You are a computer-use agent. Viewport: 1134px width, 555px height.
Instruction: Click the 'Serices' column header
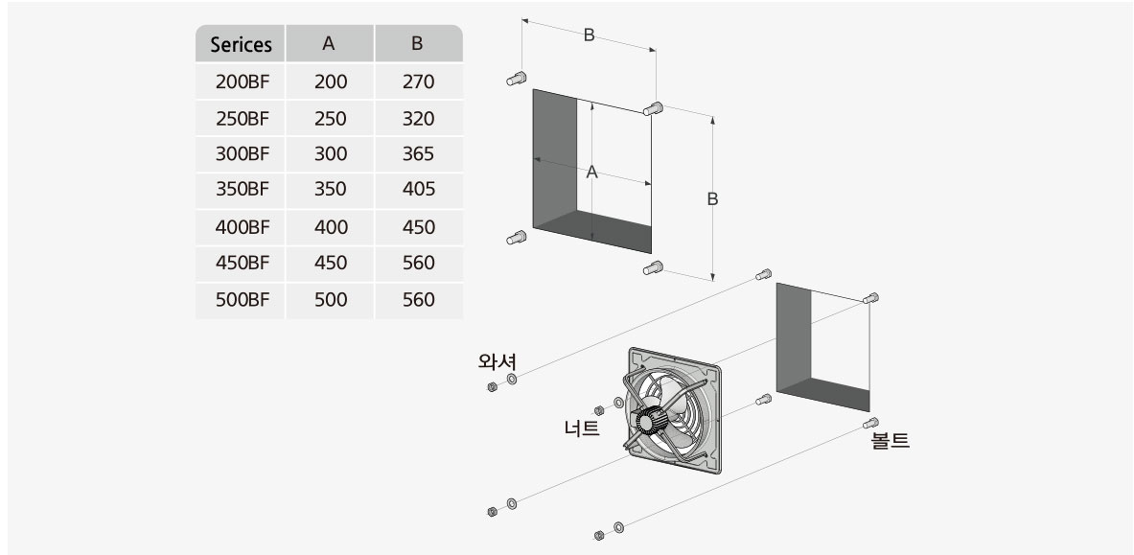coord(241,44)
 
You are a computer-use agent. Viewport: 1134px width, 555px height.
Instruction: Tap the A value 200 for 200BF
coord(330,82)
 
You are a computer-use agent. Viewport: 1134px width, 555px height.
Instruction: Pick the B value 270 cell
coord(418,82)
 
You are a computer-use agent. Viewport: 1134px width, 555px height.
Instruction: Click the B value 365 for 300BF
coord(418,154)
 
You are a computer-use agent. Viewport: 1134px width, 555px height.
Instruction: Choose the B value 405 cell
coord(418,190)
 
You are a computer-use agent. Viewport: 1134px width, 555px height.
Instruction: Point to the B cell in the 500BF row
coord(418,300)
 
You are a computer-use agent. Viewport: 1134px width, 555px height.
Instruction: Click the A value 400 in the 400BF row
coord(330,227)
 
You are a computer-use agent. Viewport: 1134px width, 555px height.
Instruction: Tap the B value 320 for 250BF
coord(418,119)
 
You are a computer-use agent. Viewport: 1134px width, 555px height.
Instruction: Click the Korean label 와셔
coord(498,362)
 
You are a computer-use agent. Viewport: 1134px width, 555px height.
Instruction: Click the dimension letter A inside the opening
coord(591,173)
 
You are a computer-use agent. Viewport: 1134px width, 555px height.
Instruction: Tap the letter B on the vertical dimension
coord(712,199)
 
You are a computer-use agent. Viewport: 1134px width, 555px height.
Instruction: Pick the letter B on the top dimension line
coord(589,35)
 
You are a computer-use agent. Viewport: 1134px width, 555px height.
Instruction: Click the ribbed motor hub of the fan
coord(648,420)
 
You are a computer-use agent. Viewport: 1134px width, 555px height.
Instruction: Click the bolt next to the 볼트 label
coord(871,423)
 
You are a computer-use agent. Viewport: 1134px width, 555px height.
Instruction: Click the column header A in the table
coord(329,44)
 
